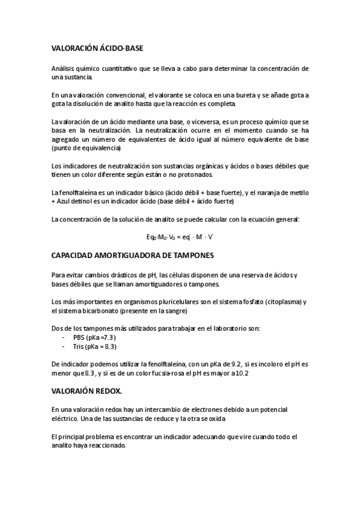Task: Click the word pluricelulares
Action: click(x=164, y=302)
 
